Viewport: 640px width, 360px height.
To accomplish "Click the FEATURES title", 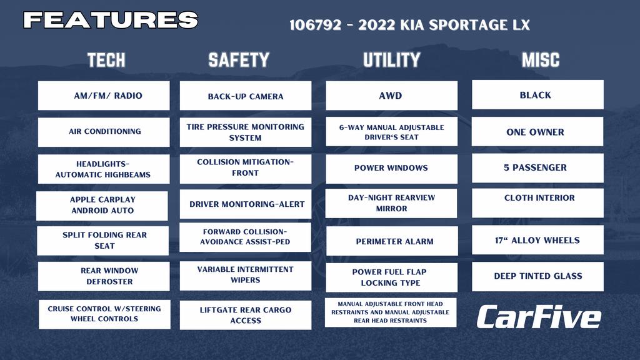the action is pyautogui.click(x=111, y=20).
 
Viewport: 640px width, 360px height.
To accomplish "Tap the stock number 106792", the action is pyautogui.click(x=315, y=25).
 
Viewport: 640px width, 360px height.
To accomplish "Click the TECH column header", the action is pyautogui.click(x=106, y=60).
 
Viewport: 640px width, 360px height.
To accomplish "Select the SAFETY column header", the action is pyautogui.click(x=239, y=60).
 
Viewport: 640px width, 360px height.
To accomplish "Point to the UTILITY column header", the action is pyautogui.click(x=391, y=60).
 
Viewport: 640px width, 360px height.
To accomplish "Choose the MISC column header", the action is pyautogui.click(x=541, y=60).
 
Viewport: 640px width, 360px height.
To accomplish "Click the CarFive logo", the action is pyautogui.click(x=539, y=317).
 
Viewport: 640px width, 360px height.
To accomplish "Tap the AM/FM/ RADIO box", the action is pyautogui.click(x=104, y=96).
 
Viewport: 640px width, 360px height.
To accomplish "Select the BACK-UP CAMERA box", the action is pyautogui.click(x=245, y=96).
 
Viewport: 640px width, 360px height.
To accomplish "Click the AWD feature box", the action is pyautogui.click(x=391, y=96).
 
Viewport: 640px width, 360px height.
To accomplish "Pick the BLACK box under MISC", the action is pyautogui.click(x=537, y=95).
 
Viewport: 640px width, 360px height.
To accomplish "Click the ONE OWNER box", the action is pyautogui.click(x=537, y=131).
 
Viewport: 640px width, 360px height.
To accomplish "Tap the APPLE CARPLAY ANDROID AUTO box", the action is pyautogui.click(x=102, y=206).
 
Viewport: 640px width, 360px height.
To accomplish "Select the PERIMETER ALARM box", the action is pyautogui.click(x=392, y=241).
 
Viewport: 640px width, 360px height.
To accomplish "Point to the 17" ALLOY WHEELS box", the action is pyautogui.click(x=537, y=239).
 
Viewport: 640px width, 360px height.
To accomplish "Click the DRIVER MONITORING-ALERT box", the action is pyautogui.click(x=245, y=204).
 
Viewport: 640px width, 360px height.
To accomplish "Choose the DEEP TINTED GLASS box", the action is pyautogui.click(x=537, y=276).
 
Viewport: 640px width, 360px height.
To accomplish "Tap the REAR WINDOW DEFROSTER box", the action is pyautogui.click(x=104, y=276).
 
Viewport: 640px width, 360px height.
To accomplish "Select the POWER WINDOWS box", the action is pyautogui.click(x=391, y=169).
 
